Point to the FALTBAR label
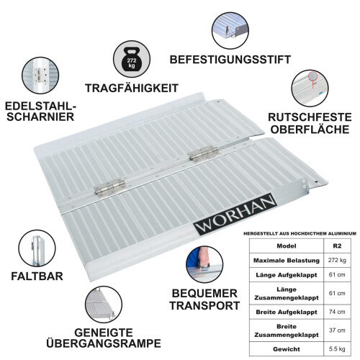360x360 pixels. [35, 276]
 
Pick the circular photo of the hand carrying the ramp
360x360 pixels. [204, 265]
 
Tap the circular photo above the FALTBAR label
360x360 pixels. [36, 248]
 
